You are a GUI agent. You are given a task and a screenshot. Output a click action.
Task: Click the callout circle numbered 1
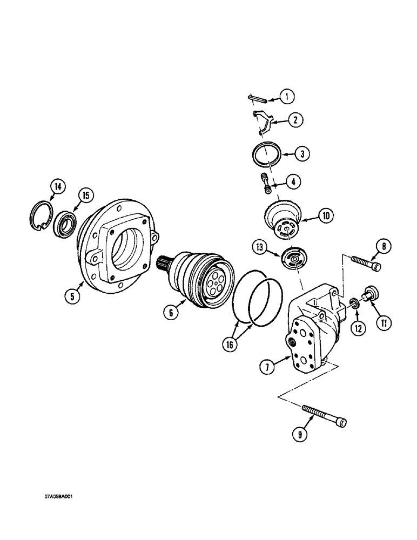287,97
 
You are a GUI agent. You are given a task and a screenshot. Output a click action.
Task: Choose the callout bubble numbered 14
57,187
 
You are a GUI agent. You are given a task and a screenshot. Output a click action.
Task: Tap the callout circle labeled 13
261,247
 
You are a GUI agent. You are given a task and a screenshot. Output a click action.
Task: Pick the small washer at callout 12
355,302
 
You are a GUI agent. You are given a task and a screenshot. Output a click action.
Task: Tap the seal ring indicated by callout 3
267,154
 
